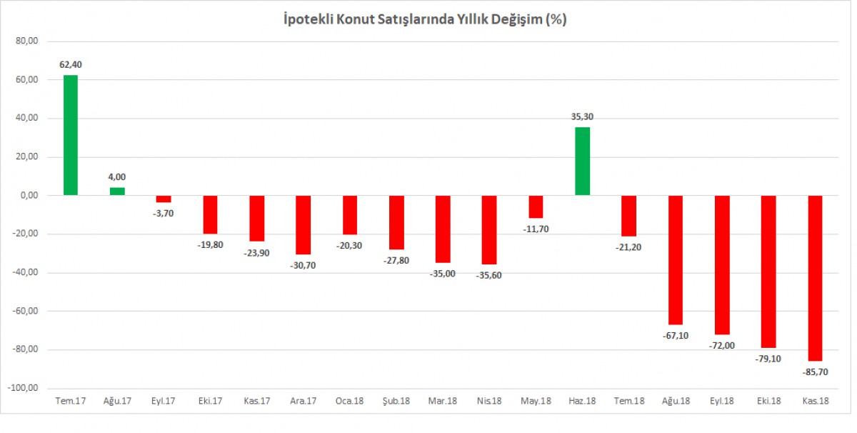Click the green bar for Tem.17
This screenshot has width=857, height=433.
pyautogui.click(x=71, y=135)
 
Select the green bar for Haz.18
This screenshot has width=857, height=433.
pyautogui.click(x=582, y=161)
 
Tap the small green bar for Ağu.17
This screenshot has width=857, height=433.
pyautogui.click(x=117, y=191)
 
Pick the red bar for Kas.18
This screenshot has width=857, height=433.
pyautogui.click(x=815, y=278)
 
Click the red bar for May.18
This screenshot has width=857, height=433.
pyautogui.click(x=536, y=206)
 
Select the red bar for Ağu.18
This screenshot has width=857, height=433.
pyautogui.click(x=676, y=260)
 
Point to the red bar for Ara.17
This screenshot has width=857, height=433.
pyautogui.click(x=304, y=225)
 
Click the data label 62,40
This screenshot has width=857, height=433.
pyautogui.click(x=70, y=65)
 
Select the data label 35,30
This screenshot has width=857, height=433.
pyautogui.click(x=582, y=117)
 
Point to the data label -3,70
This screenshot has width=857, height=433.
pyautogui.click(x=164, y=213)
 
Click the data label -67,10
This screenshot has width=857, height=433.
pyautogui.click(x=675, y=335)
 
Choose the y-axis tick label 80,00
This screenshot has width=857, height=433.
pyautogui.click(x=26, y=41)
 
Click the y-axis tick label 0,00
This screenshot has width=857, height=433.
pyautogui.click(x=28, y=196)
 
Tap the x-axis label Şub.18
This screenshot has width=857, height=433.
pyautogui.click(x=396, y=401)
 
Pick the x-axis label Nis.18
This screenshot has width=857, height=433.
pyautogui.click(x=488, y=401)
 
